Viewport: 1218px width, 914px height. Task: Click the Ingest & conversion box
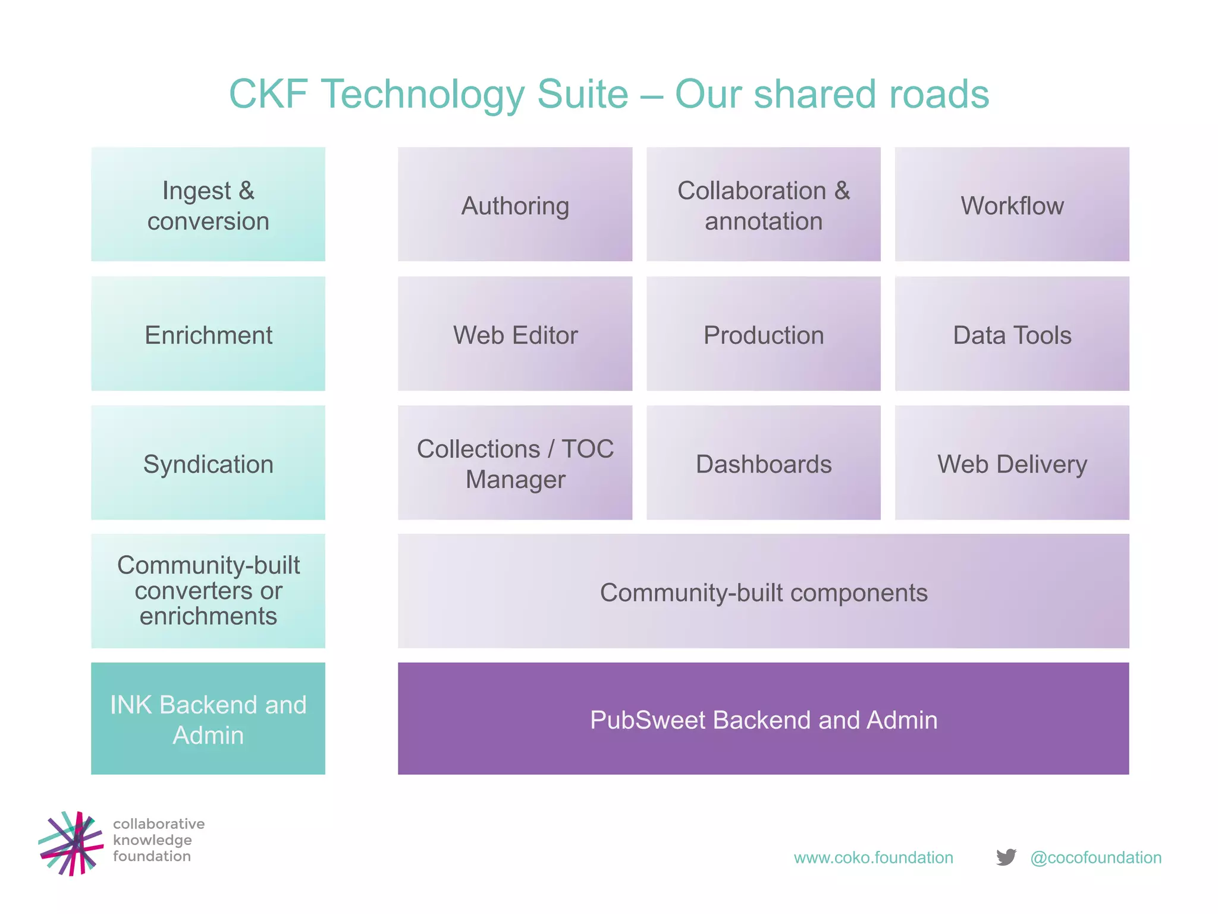208,204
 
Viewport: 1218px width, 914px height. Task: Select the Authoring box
515,204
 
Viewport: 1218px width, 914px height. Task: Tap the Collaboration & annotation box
764,204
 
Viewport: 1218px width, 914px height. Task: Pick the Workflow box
1012,204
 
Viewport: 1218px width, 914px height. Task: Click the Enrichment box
208,334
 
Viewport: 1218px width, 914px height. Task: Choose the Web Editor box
515,334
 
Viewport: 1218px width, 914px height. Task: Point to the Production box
764,334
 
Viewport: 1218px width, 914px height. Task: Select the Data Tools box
1012,334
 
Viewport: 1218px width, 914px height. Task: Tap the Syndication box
208,463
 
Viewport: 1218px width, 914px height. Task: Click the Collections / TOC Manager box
515,463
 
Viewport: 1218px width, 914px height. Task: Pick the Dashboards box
764,463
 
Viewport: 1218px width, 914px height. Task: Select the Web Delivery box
1012,463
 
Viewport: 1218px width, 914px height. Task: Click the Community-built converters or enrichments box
208,591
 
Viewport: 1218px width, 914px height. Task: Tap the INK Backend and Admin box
208,719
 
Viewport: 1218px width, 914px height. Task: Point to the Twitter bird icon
1006,857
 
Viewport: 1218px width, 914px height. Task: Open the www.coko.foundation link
873,857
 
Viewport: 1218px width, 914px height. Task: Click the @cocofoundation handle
1095,857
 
